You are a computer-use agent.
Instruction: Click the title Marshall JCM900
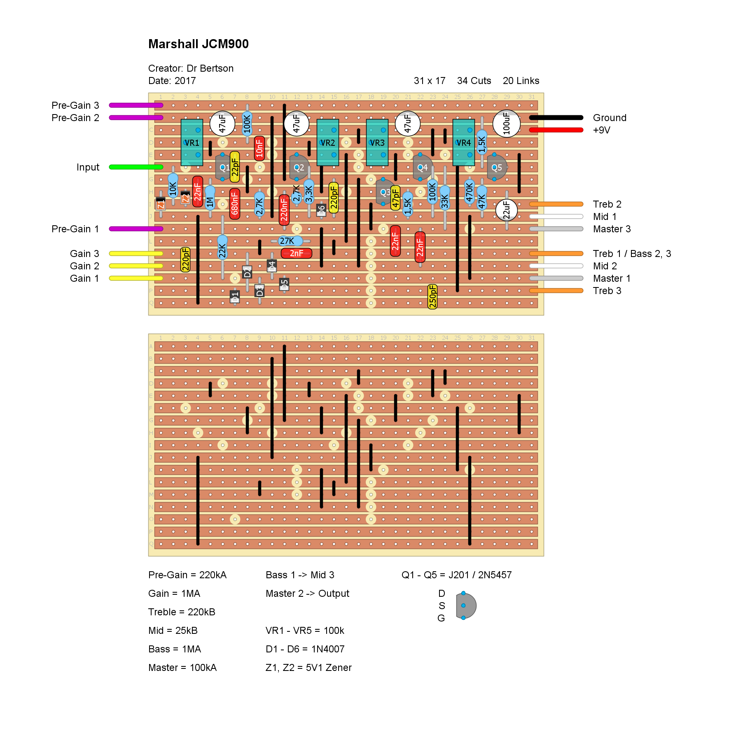click(198, 44)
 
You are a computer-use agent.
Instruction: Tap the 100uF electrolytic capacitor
click(506, 124)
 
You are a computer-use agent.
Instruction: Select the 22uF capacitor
click(506, 210)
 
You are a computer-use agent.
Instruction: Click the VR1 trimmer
click(192, 143)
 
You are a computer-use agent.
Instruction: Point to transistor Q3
click(384, 192)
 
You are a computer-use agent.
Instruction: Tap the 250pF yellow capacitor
click(432, 297)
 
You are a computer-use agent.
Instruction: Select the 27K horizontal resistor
click(287, 241)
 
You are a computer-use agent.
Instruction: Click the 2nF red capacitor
click(297, 253)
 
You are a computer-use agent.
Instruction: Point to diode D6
click(321, 210)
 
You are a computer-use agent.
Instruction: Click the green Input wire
click(136, 167)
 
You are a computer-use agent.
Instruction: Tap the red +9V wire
click(556, 130)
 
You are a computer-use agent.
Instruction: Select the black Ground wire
click(556, 118)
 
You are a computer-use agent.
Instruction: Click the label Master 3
click(612, 229)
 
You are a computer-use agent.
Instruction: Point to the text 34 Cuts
click(474, 81)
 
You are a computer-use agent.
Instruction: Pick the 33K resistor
click(445, 198)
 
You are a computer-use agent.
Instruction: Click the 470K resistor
click(470, 192)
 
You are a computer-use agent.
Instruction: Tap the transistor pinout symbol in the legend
click(465, 605)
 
